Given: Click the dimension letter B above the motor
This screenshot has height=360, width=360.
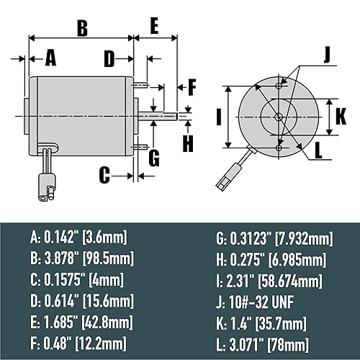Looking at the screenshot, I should (x=82, y=28).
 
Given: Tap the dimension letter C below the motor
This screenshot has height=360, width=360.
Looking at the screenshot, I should (x=104, y=174).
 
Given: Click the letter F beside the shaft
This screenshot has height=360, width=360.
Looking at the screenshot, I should (x=192, y=88).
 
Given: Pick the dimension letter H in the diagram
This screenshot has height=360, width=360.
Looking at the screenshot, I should (x=188, y=142).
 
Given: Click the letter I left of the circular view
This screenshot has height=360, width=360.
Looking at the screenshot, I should (x=217, y=116).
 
